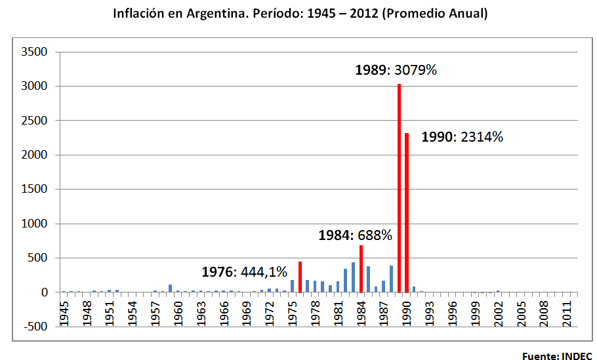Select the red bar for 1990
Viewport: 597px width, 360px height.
(407, 212)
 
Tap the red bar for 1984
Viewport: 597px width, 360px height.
(361, 269)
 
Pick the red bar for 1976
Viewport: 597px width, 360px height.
(300, 277)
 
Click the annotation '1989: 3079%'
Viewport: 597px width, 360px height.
(396, 70)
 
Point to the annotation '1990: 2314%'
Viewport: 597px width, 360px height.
(462, 137)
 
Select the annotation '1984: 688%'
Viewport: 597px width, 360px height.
(355, 235)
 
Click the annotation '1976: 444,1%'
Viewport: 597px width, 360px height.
(244, 271)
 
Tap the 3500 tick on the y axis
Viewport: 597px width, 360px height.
(35, 52)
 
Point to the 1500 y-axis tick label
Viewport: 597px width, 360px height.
(35, 190)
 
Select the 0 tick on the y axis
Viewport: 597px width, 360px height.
(45, 292)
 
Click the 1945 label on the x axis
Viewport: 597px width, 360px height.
(64, 312)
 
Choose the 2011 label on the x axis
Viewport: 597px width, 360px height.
(567, 312)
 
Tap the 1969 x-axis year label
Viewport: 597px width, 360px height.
(247, 312)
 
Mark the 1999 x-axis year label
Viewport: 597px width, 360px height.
(475, 312)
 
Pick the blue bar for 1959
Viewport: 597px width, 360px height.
(171, 289)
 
